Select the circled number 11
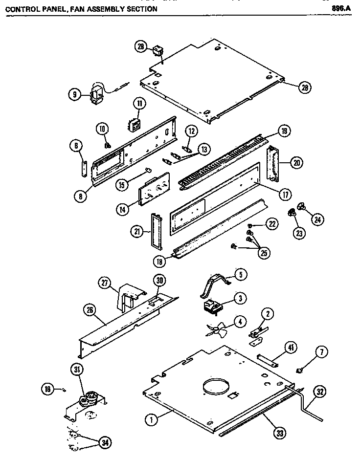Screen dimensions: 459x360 tap(139, 104)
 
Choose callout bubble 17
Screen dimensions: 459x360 tap(283, 193)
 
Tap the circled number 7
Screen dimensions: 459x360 tap(324, 352)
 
